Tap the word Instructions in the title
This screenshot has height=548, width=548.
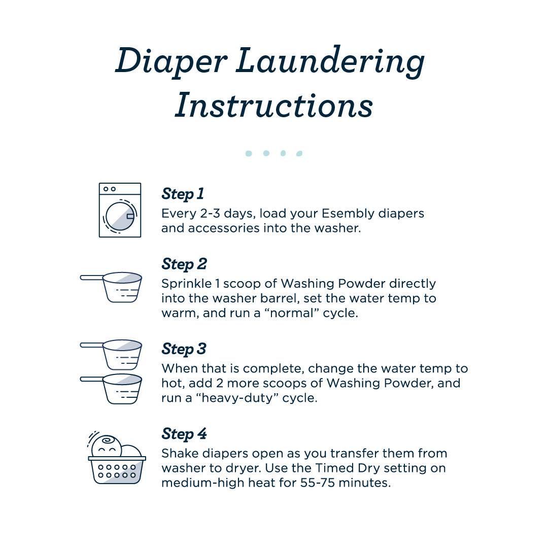coord(274,106)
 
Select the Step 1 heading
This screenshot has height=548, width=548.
coord(183,194)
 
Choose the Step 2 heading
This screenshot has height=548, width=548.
coord(184,264)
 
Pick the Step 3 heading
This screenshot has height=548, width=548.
coord(184,349)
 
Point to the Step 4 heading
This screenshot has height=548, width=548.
coord(184,434)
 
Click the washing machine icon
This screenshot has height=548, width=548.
coord(120,210)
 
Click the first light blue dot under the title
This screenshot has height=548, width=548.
coord(249,153)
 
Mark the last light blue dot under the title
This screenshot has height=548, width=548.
coord(299,153)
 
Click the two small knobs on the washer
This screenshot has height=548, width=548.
coord(109,189)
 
